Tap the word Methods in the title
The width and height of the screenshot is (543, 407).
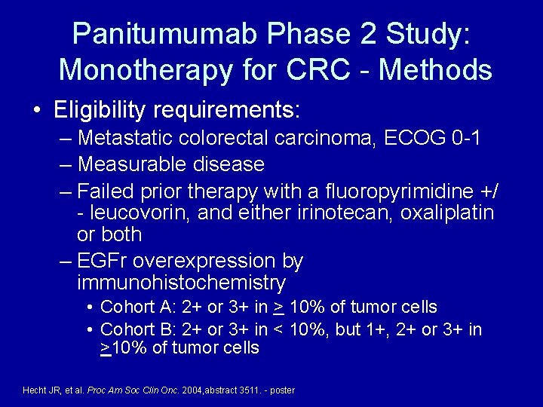(x=437, y=69)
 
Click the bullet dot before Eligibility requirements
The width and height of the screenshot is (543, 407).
(x=38, y=112)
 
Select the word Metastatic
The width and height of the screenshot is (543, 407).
(x=127, y=139)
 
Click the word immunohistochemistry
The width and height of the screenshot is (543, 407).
(x=181, y=283)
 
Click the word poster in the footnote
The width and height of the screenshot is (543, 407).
(x=282, y=390)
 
